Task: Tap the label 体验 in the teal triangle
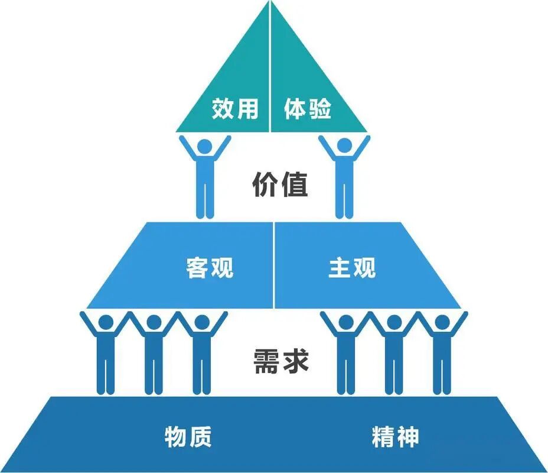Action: point(308,109)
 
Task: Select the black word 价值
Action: point(280,184)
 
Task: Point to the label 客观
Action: point(210,268)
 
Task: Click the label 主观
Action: point(352,268)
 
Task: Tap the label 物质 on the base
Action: point(188,438)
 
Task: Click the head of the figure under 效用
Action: point(205,145)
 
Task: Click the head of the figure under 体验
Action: point(344,145)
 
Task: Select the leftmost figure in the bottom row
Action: point(106,355)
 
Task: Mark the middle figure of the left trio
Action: point(154,355)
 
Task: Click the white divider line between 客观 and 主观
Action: point(274,266)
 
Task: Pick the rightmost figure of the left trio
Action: point(202,355)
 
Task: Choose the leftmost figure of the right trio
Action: point(346,355)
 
